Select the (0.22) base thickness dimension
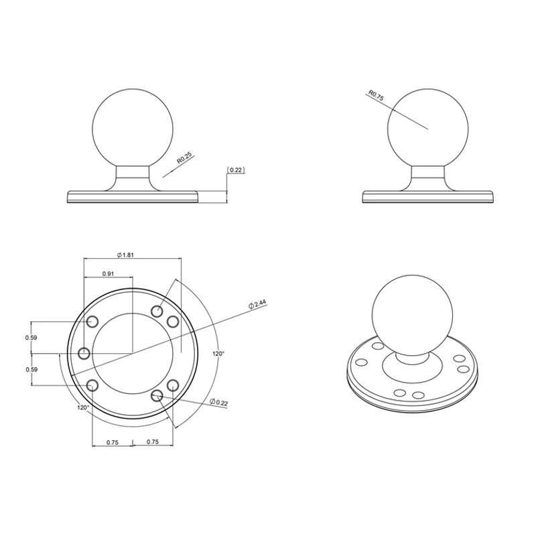[236, 170]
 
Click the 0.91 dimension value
[107, 273]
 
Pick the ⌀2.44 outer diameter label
[257, 304]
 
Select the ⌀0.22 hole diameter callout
[220, 402]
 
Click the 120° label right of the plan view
[218, 353]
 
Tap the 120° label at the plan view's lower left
[83, 407]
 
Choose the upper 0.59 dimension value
[31, 338]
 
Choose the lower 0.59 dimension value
[31, 369]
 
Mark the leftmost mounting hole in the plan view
[84, 353]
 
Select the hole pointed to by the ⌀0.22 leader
[157, 396]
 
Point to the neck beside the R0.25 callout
[133, 178]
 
